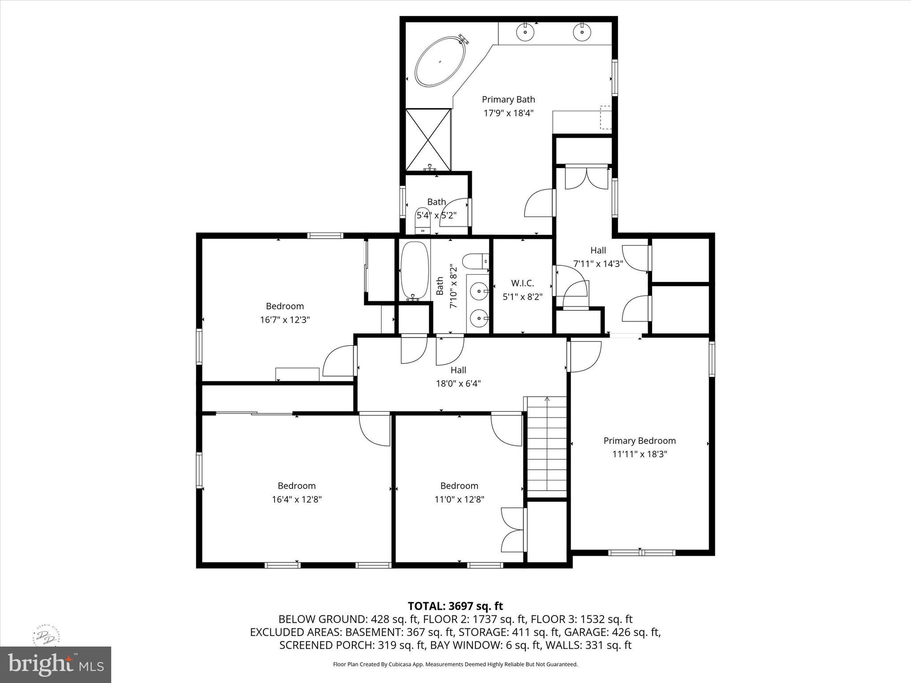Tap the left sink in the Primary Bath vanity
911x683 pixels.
tap(525, 32)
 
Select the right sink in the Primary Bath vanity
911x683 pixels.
tap(581, 32)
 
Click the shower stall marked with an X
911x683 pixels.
tap(428, 140)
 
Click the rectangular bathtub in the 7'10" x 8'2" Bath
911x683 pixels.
tap(415, 270)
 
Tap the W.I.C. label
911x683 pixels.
tap(522, 283)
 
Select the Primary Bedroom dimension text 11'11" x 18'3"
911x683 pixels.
tap(640, 454)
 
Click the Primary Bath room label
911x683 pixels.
tap(508, 100)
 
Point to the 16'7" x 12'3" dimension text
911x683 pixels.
tap(285, 319)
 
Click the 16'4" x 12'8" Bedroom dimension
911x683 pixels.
tap(297, 499)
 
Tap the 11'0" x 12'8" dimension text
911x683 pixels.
tap(459, 499)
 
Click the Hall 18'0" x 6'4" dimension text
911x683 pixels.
tap(458, 383)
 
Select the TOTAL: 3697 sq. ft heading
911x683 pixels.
tap(455, 606)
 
